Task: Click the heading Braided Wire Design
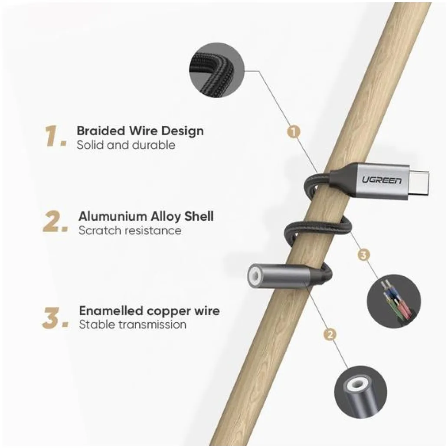click(140, 131)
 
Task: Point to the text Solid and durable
click(126, 145)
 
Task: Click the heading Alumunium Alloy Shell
click(146, 216)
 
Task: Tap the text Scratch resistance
click(130, 230)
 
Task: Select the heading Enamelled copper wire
click(149, 311)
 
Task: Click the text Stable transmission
click(133, 324)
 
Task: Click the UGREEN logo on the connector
click(381, 180)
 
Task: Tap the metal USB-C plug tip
click(418, 182)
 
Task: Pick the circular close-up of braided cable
click(216, 70)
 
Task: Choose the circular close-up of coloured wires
click(394, 301)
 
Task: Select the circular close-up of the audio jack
click(360, 392)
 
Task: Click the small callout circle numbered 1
click(294, 132)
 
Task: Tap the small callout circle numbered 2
click(330, 334)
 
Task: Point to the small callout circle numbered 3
click(363, 255)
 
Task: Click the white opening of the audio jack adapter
click(254, 276)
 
